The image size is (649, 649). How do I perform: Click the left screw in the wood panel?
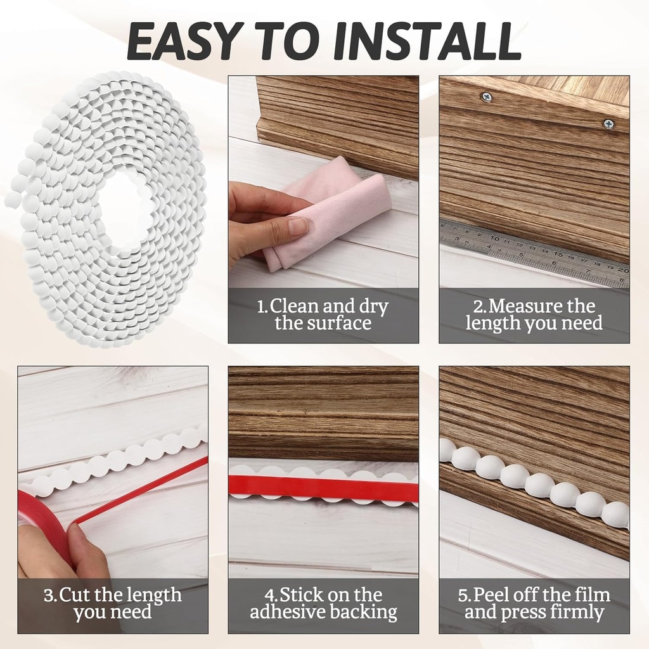486,97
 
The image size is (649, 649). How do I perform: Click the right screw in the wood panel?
608,124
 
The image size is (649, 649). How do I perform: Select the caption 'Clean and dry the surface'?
323,315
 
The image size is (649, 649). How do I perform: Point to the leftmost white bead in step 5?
446,450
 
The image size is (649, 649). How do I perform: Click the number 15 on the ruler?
558,254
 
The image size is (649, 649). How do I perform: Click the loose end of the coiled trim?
13,200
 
